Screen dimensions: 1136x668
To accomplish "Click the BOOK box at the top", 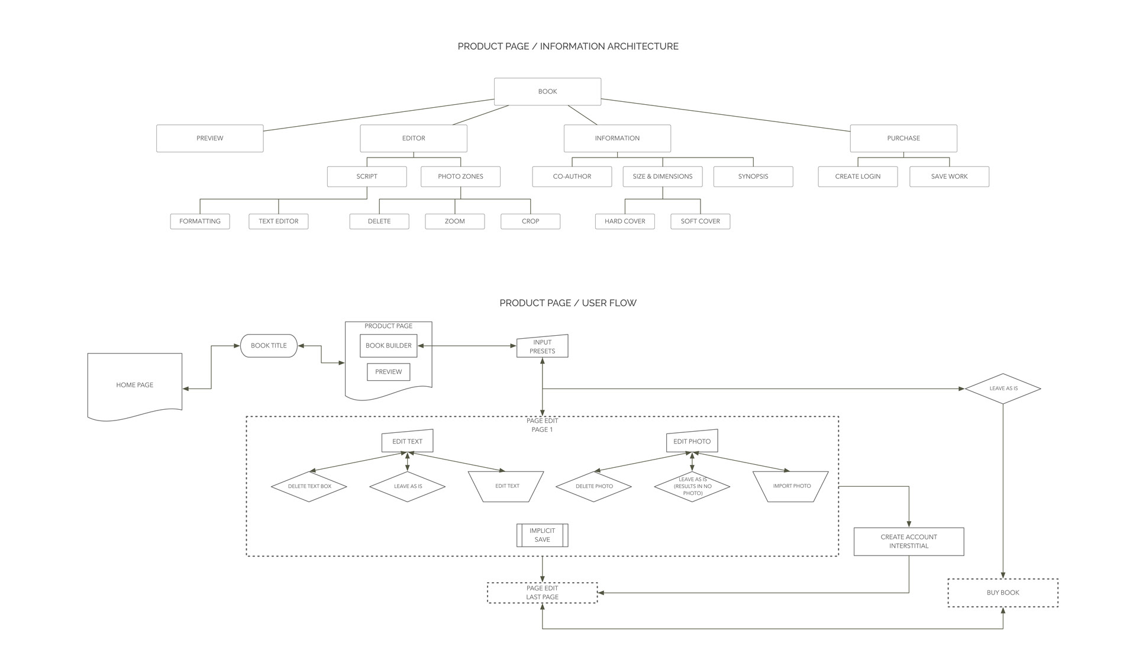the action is point(547,91).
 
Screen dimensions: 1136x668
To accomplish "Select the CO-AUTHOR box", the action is point(572,176).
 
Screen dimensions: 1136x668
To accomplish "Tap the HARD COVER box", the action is point(625,221).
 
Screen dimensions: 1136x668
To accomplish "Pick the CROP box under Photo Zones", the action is point(530,221).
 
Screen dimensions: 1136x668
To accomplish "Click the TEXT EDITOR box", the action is point(278,221).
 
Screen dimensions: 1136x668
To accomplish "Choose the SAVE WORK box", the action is point(949,176).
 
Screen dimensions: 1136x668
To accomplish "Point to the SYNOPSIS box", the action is point(753,176).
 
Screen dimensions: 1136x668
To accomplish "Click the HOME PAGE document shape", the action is point(134,385).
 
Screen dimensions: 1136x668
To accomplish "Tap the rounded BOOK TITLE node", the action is point(269,346).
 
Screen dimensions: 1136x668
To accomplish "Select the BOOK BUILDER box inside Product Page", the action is point(388,346).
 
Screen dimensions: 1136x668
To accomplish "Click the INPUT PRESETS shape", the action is point(542,346).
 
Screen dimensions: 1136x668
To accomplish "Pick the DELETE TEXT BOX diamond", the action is point(309,486).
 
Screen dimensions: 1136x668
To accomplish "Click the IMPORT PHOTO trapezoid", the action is point(791,486).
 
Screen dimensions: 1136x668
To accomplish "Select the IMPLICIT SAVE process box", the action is point(542,535).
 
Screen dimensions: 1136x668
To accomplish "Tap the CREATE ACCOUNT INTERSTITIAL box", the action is point(909,542).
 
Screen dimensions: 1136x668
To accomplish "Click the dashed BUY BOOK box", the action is point(1003,593).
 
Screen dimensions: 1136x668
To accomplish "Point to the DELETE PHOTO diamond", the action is point(593,486).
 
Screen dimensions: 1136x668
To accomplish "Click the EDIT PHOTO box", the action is point(692,441).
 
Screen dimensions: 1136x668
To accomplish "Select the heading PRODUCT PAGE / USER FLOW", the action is point(568,303).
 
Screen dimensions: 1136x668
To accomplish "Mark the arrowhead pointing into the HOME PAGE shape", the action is point(185,389).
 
